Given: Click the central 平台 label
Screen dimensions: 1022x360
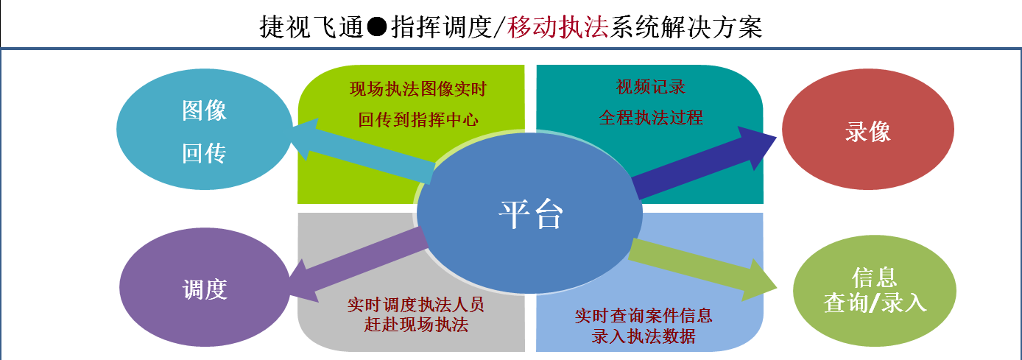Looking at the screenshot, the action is [531, 213].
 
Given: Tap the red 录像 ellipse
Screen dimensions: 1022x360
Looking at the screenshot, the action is [868, 129].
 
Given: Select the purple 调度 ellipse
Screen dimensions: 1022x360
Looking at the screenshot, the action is [205, 287].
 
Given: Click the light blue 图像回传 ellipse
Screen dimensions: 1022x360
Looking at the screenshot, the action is [204, 129].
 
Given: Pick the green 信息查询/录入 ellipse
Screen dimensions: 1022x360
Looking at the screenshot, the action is [875, 291].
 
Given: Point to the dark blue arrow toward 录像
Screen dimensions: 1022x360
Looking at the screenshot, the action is [703, 163].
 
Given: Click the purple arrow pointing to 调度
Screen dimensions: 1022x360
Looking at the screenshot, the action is [358, 264].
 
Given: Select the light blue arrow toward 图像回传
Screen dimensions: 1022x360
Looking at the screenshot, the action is [363, 152].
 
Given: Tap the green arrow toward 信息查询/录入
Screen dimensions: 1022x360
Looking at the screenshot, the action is [702, 270].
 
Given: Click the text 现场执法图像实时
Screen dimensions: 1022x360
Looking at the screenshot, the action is [418, 89].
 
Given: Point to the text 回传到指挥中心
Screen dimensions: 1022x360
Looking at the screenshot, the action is [418, 120].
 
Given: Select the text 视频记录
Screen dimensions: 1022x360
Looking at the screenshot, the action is [651, 87].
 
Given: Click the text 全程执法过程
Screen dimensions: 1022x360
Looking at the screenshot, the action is [651, 118].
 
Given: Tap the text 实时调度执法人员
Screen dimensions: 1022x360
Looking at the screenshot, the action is [415, 305].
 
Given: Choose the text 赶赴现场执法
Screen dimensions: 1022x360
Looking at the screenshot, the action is [415, 325].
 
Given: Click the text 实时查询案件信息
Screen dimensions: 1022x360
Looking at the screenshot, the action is [644, 316].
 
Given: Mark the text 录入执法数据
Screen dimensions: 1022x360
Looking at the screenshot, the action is [644, 336].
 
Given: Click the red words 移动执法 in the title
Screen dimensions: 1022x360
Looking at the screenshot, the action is [558, 27].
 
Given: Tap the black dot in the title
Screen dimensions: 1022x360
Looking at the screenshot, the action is [377, 27].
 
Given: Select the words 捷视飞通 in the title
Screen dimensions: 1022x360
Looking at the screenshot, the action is [311, 27].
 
